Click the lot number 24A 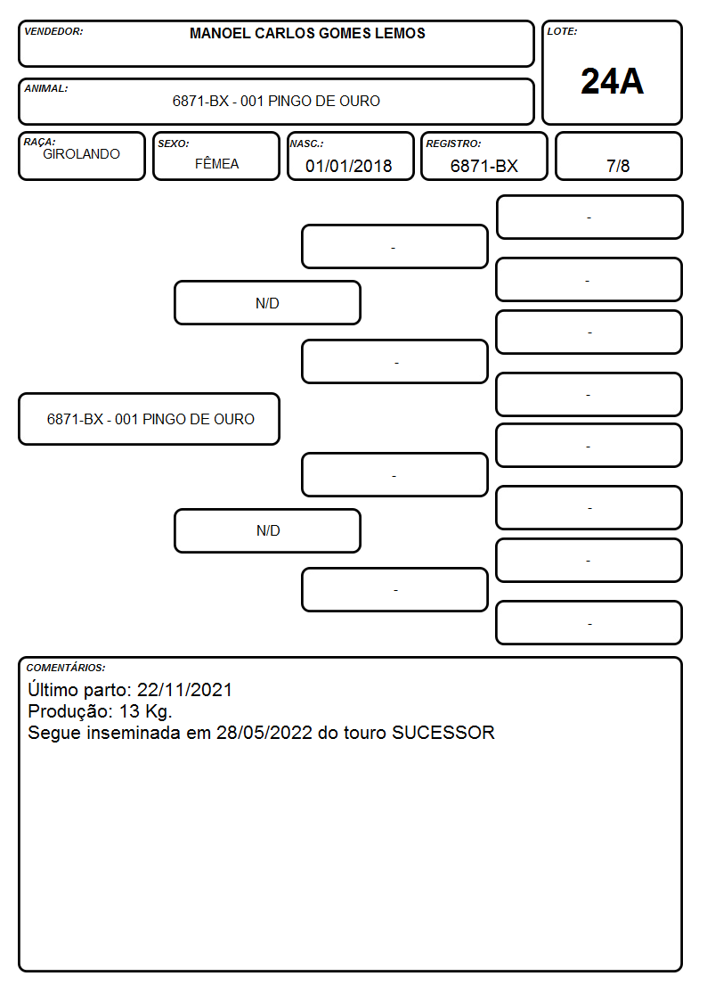coord(612,82)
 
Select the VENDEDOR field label coord(53,31)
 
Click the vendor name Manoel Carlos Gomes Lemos coord(307,33)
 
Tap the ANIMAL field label coord(46,88)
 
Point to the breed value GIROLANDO coord(81,154)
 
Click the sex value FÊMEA coord(216,163)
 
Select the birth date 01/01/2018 coord(349,166)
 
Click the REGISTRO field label coord(453,144)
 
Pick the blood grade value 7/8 coord(618,166)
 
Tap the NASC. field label coord(306,144)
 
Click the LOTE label coord(562,31)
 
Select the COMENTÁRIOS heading coord(66,668)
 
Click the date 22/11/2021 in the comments coord(184,689)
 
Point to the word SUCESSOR coord(443,732)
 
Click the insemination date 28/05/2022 coord(264,732)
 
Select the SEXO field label coord(174,144)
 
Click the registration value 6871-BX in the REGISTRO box coord(484,166)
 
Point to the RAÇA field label coord(39,142)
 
